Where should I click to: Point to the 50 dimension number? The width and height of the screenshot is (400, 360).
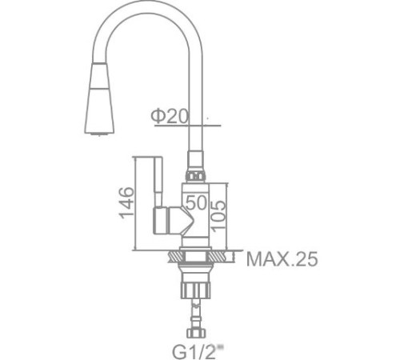coord(197,202)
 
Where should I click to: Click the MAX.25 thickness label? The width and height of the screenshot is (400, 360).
coord(281,259)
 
